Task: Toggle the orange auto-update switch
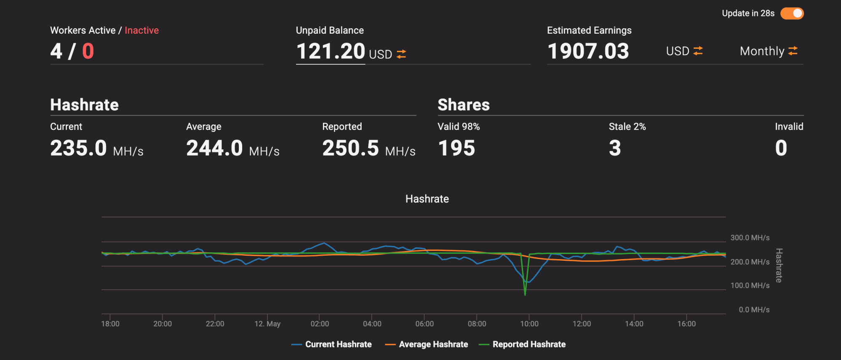coord(792,13)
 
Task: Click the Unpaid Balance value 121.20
coord(331,51)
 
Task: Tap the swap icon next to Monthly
coord(793,51)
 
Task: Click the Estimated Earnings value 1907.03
coord(588,51)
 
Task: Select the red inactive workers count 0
coord(88,51)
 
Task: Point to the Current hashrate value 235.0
coord(79,148)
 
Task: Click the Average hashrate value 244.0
coord(214,148)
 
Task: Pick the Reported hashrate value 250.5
coord(351,148)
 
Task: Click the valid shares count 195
coord(457,148)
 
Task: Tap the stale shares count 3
coord(615,148)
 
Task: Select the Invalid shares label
coord(789,127)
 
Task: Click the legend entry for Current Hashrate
coord(331,344)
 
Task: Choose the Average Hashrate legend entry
coord(426,344)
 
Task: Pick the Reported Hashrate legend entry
coord(522,344)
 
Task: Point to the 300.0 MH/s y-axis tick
coord(750,238)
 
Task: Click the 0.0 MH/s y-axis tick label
coord(754,310)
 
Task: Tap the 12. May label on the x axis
coord(267,324)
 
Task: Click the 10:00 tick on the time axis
coord(529,324)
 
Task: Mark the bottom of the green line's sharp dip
coord(525,295)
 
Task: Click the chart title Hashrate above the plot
coord(427,199)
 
